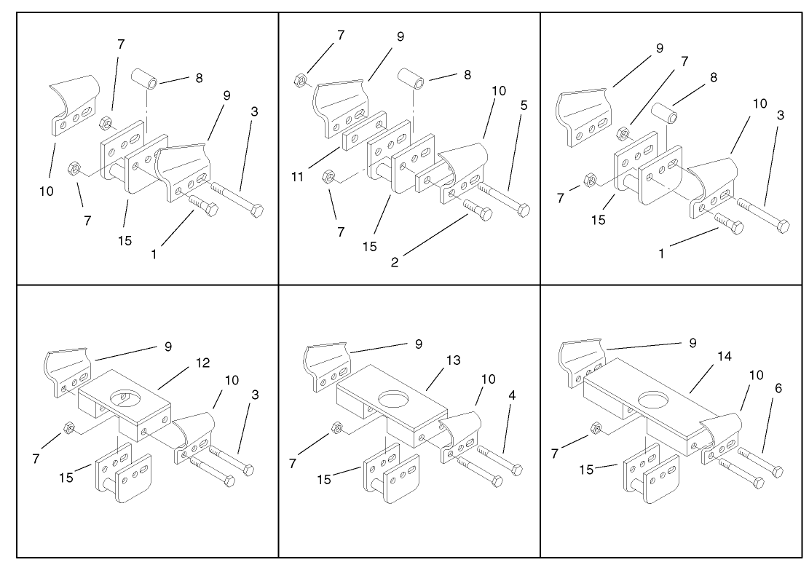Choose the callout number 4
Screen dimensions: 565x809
(513, 397)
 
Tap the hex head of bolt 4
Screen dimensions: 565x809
(517, 470)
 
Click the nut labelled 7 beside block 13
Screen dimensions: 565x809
(336, 427)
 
